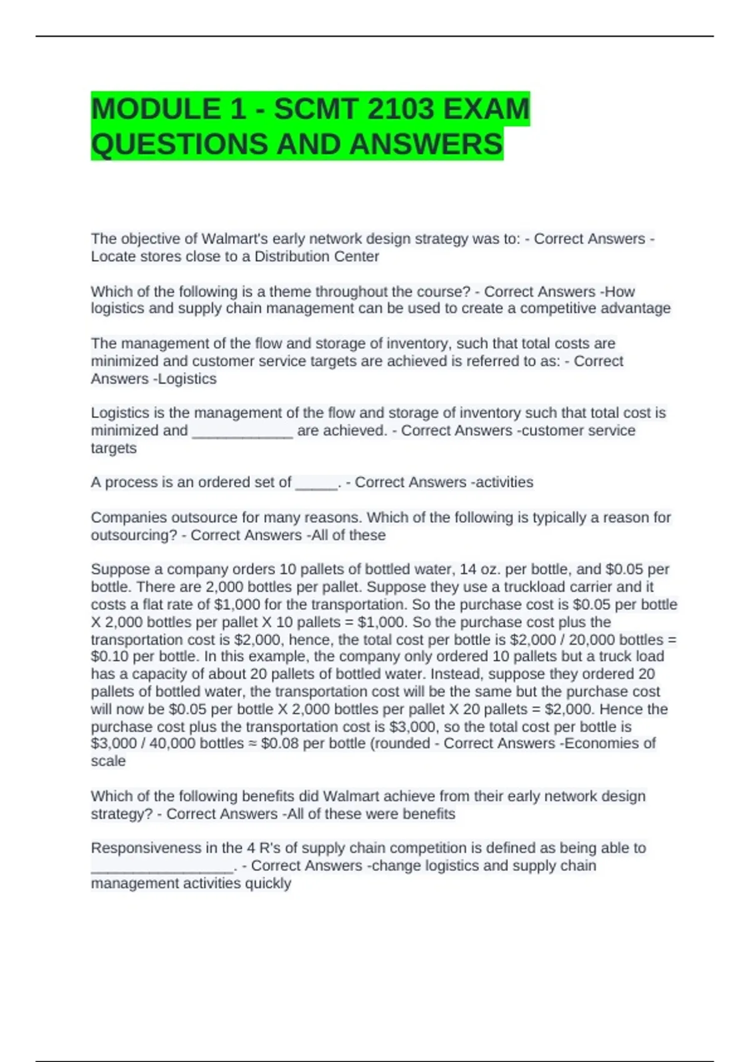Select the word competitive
click(552, 308)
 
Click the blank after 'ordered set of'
click(316, 482)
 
